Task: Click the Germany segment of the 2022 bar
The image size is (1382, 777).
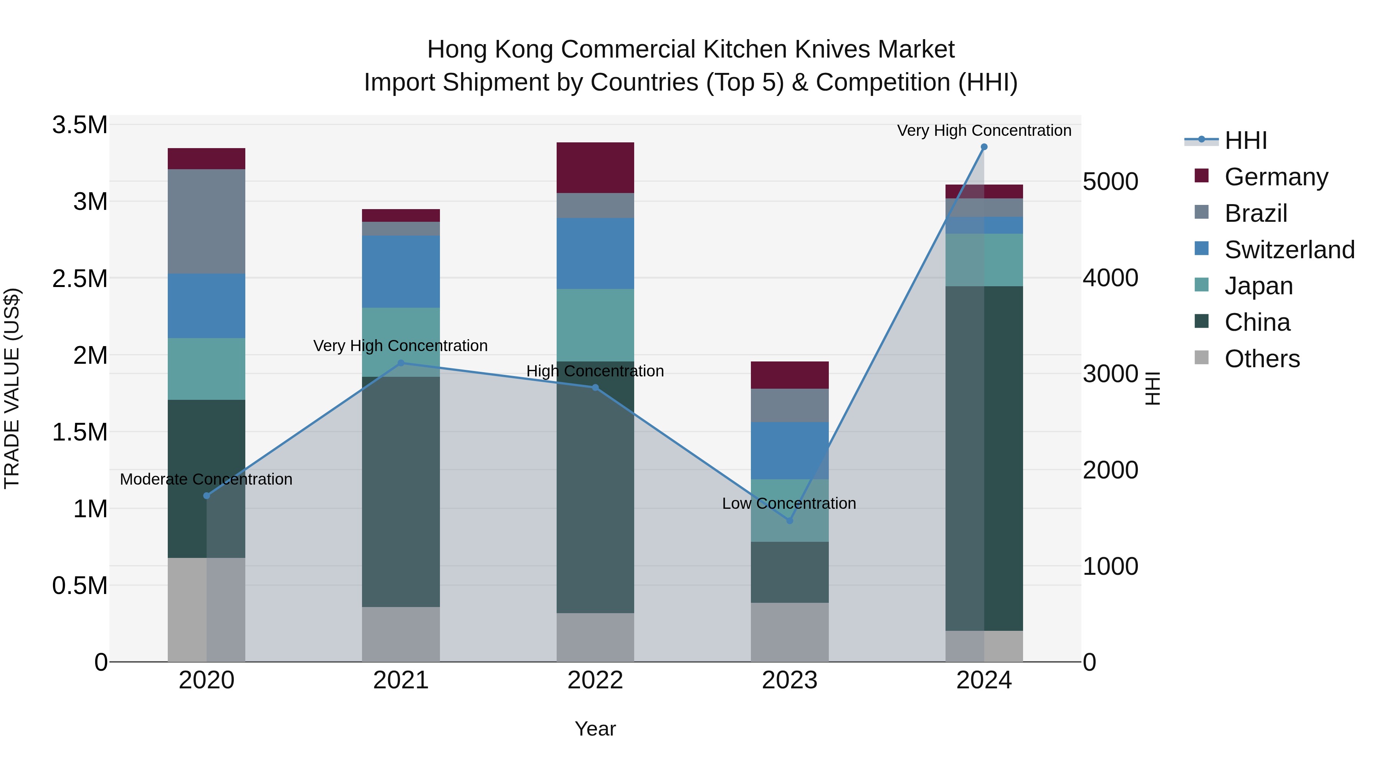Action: point(595,167)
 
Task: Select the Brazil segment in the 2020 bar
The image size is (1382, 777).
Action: point(207,221)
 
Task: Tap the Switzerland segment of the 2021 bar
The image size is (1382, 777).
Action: point(401,271)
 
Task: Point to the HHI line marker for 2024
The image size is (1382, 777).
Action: point(984,147)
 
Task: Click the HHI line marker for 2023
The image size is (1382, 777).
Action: point(789,521)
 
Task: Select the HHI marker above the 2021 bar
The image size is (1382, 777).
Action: point(401,363)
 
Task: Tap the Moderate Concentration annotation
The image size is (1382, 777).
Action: point(206,479)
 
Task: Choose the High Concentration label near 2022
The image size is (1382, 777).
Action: point(595,371)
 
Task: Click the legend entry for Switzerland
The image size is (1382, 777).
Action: point(1289,250)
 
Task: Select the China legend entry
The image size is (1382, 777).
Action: point(1257,322)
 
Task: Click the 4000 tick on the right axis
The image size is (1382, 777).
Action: point(1110,278)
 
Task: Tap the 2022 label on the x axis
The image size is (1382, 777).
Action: point(595,680)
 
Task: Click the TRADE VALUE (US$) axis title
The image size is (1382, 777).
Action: point(12,388)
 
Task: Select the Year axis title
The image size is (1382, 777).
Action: point(595,729)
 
